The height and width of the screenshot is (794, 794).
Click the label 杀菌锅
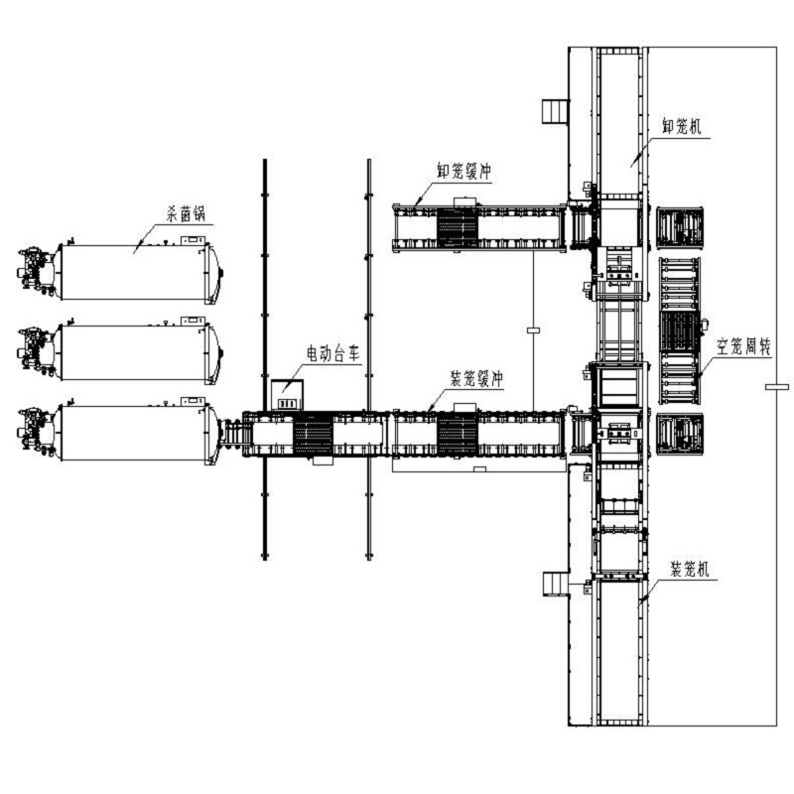pos(187,214)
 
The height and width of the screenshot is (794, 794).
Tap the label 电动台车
pos(333,353)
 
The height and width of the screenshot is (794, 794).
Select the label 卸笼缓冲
pos(464,171)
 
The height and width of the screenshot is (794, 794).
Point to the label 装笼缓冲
pos(476,378)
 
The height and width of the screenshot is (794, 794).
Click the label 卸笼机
pos(682,127)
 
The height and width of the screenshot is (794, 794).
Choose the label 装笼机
pos(690,569)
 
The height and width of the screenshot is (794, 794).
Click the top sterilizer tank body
pos(134,272)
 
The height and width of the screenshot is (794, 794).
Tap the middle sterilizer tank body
pos(134,352)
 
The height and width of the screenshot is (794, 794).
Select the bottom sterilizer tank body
pos(134,433)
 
